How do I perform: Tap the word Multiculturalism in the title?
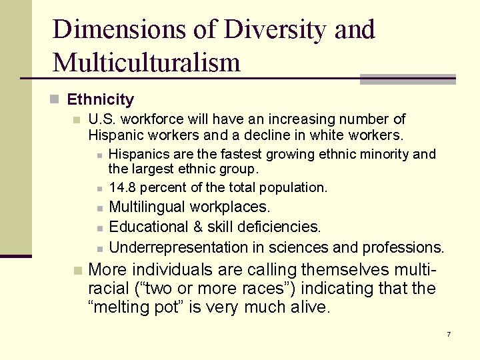146,63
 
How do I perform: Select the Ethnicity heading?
101,100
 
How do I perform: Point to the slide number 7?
449,333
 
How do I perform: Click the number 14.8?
121,188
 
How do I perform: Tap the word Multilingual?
147,207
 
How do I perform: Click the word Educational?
147,227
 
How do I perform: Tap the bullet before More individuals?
77,271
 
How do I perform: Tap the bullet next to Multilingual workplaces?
98,209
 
